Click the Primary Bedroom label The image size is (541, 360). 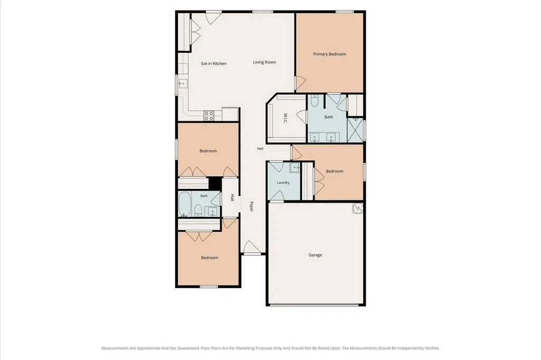pos(329,54)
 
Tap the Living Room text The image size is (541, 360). pos(264,62)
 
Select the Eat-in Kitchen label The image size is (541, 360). pos(214,63)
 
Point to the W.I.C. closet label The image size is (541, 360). pos(286,118)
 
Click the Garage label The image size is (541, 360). pos(315,255)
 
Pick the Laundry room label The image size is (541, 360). pos(283,183)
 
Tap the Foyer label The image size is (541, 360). pos(252,206)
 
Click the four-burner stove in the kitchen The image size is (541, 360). pos(208,116)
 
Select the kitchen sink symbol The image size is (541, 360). pos(183,83)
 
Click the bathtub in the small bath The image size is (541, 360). pos(185,204)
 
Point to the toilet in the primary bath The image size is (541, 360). pos(315,101)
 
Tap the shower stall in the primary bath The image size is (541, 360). pos(355,130)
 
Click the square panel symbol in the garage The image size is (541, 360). pos(358,208)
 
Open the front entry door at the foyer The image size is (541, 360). pos(251,247)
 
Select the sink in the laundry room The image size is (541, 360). pos(295,168)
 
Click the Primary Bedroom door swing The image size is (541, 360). pos(300,83)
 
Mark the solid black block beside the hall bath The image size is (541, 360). pos(215,183)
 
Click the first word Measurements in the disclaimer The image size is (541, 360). pos(115,348)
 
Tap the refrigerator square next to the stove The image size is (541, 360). pos(230,114)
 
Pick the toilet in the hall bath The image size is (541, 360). pos(198,210)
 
